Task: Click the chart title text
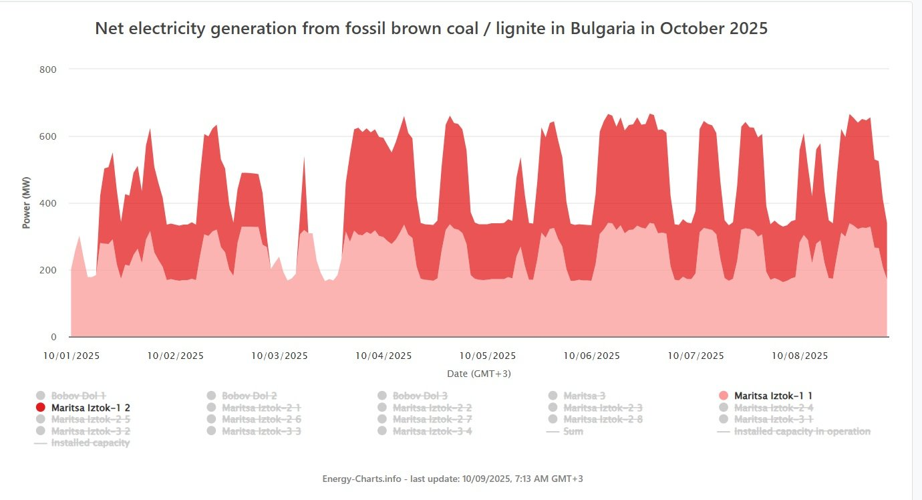tap(431, 29)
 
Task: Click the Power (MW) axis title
tap(27, 203)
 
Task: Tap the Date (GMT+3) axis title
tap(479, 374)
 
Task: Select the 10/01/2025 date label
tap(71, 356)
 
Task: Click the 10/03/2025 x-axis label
tap(279, 356)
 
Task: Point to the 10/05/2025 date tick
tap(488, 356)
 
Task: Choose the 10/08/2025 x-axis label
tap(800, 356)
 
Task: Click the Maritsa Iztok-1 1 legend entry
tap(773, 396)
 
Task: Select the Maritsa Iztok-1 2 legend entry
tap(90, 408)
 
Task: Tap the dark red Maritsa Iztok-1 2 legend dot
tap(41, 408)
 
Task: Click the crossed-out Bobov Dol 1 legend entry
tap(78, 396)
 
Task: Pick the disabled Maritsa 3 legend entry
tap(584, 396)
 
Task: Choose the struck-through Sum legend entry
tap(573, 431)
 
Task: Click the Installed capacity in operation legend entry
tap(802, 431)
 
